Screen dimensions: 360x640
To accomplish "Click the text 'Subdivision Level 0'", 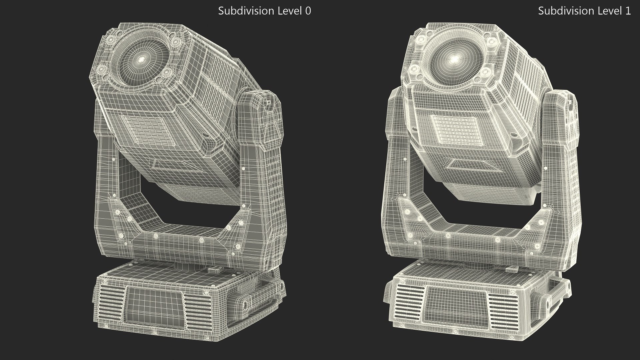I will [264, 11].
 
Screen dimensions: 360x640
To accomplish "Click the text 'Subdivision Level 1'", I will [584, 11].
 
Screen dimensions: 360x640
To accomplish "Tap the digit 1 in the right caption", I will [628, 11].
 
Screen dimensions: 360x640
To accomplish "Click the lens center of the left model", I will [141, 59].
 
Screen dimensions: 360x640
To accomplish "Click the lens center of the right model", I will [454, 59].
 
